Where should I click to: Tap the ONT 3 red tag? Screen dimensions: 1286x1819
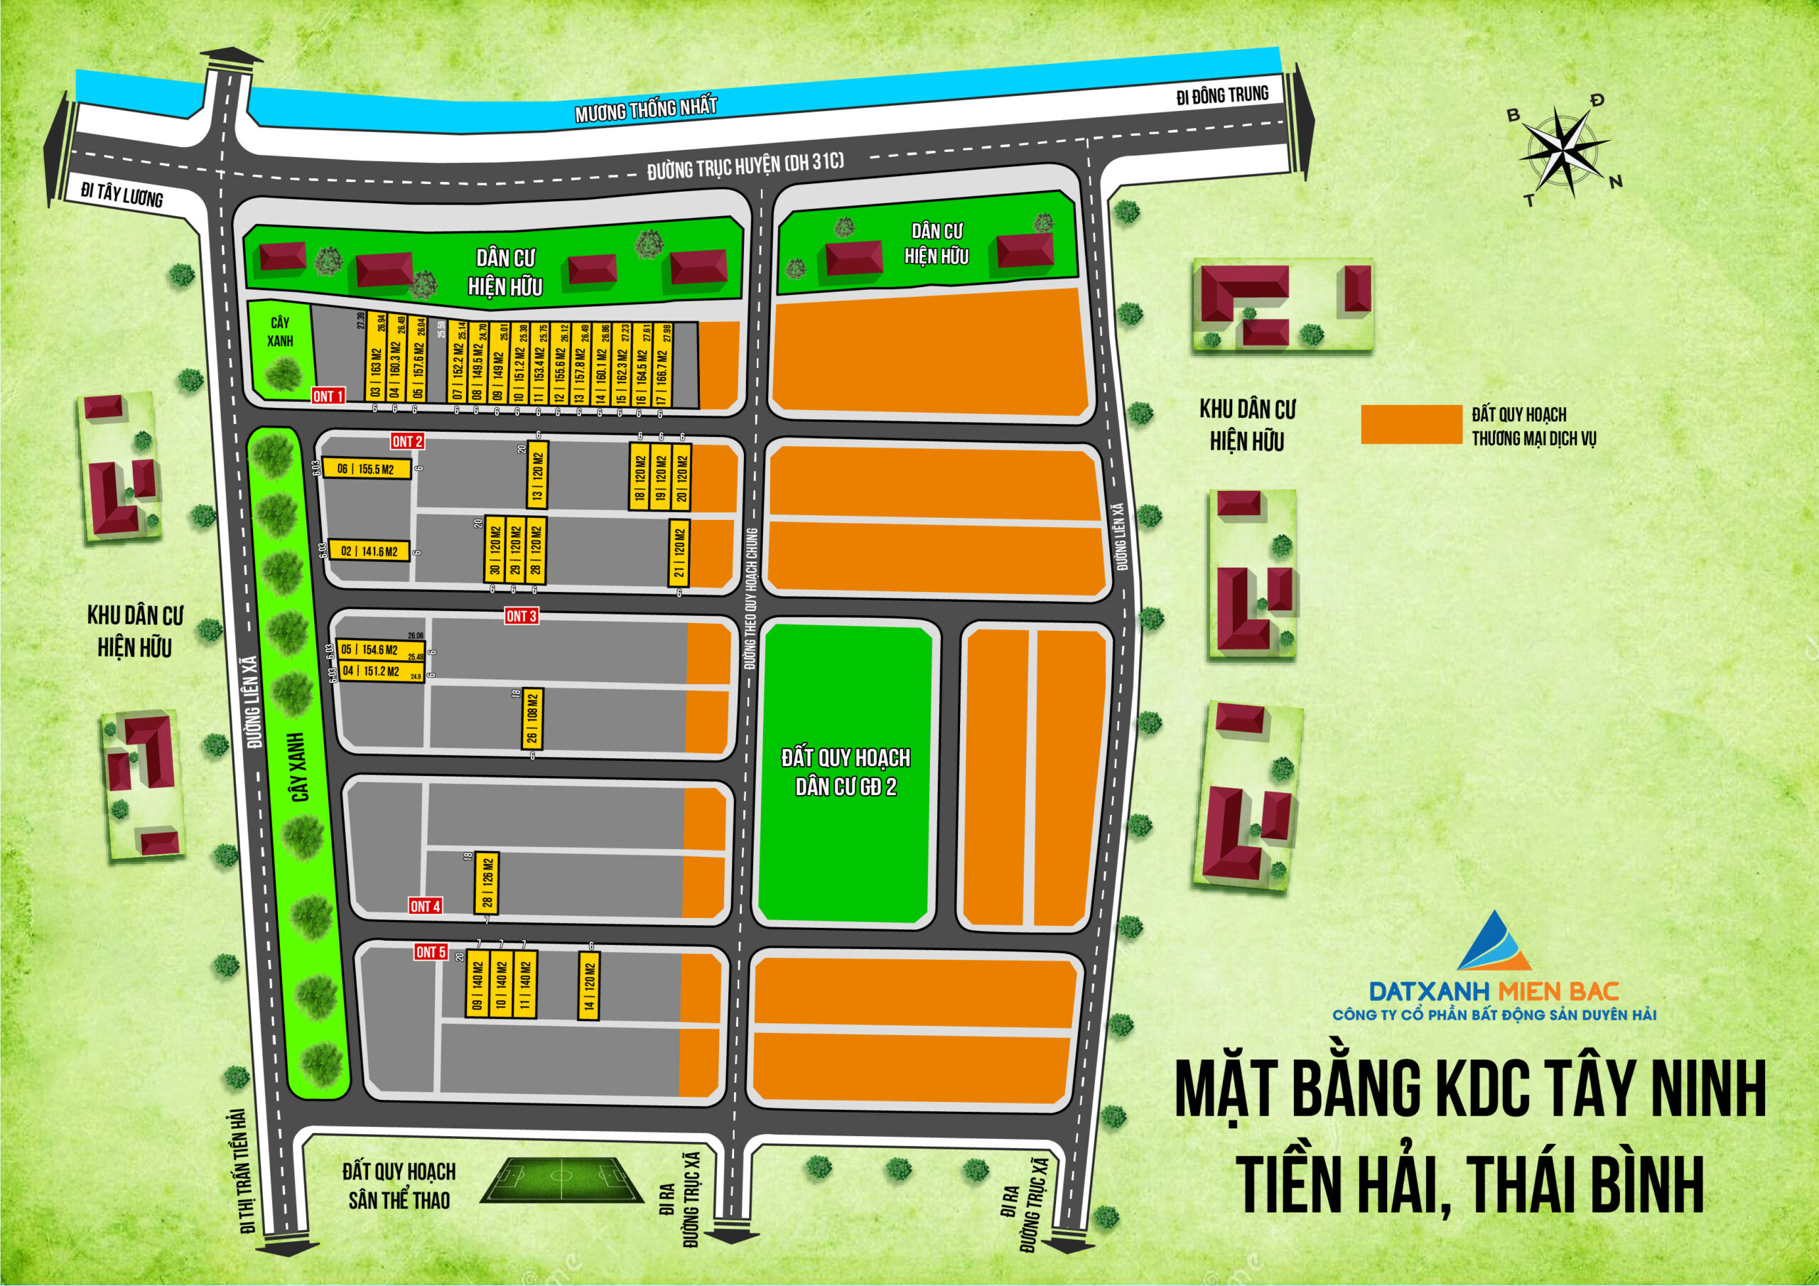tap(522, 616)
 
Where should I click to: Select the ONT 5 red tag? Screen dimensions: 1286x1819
tap(431, 952)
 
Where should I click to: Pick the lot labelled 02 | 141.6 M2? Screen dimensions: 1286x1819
tap(369, 551)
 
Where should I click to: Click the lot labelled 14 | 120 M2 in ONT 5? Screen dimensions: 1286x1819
tap(588, 985)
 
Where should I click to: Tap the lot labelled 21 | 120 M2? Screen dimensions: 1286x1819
tap(679, 553)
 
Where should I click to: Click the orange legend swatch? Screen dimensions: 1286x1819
tap(1410, 425)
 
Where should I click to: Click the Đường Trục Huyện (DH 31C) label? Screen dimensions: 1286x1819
tap(745, 165)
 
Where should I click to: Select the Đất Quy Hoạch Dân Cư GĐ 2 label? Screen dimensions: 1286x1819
tap(846, 771)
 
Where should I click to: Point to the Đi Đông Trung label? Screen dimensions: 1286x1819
tap(1221, 96)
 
